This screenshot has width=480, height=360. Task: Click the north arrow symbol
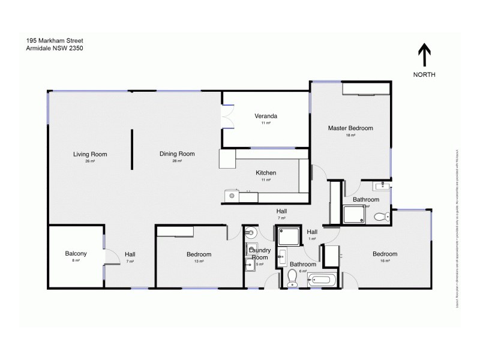[x=424, y=55]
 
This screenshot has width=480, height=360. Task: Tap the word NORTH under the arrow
[x=424, y=74]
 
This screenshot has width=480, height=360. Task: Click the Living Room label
[x=90, y=154]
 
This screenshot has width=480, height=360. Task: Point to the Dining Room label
[x=177, y=154]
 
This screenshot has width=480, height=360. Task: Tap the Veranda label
[x=265, y=116]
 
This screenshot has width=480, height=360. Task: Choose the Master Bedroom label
[x=350, y=128]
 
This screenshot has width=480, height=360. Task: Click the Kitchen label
[x=266, y=173]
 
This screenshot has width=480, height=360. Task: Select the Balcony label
[x=76, y=254]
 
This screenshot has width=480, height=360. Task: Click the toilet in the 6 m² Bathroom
[x=293, y=277]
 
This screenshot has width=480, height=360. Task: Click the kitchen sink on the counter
[x=230, y=195]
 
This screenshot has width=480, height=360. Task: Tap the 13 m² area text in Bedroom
[x=199, y=262]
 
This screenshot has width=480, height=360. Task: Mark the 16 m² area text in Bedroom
[x=385, y=262]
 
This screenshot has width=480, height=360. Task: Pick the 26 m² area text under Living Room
[x=90, y=161]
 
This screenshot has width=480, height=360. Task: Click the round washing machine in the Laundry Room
[x=251, y=232]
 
